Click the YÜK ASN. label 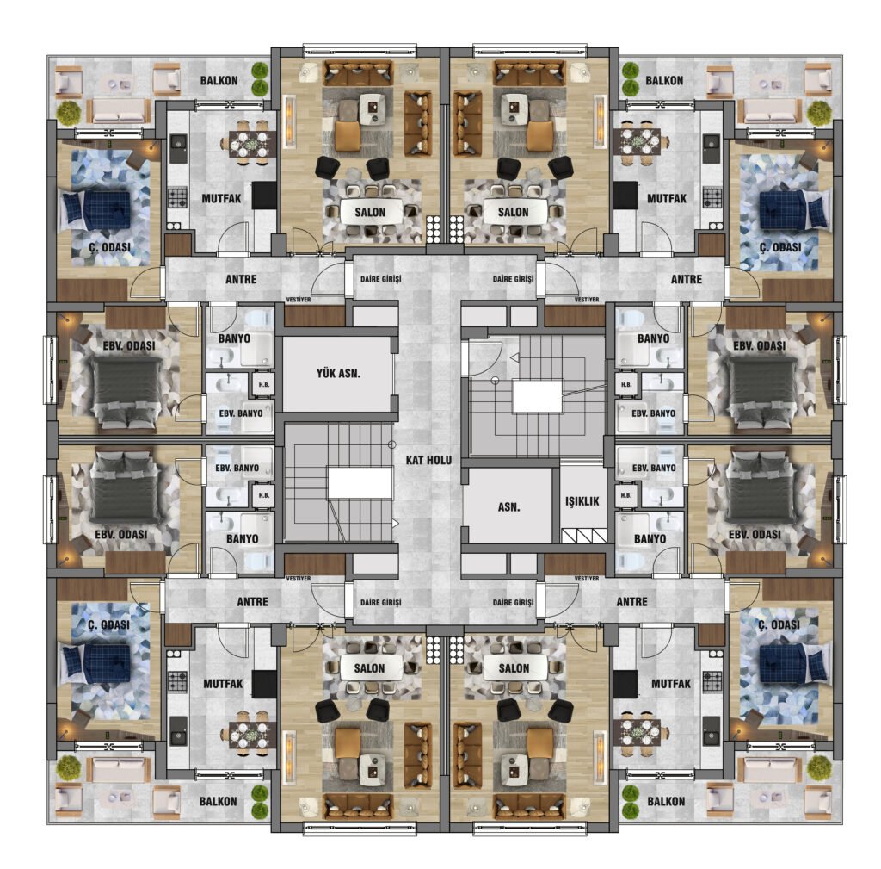(x=338, y=373)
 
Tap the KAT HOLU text (x=428, y=460)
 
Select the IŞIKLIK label (x=582, y=501)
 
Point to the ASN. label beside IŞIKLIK (x=509, y=506)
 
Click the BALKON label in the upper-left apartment (x=219, y=80)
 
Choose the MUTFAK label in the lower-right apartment (x=671, y=684)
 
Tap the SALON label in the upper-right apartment (x=513, y=212)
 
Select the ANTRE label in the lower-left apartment (x=252, y=602)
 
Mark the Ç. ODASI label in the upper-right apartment (x=780, y=247)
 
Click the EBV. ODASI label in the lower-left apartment (x=120, y=534)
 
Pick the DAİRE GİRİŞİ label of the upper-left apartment (x=380, y=279)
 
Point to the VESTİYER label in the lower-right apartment (x=587, y=578)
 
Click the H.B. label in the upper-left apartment (x=264, y=385)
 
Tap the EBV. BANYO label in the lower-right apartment (x=654, y=468)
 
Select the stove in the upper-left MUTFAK (x=178, y=197)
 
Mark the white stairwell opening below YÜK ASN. (x=360, y=483)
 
